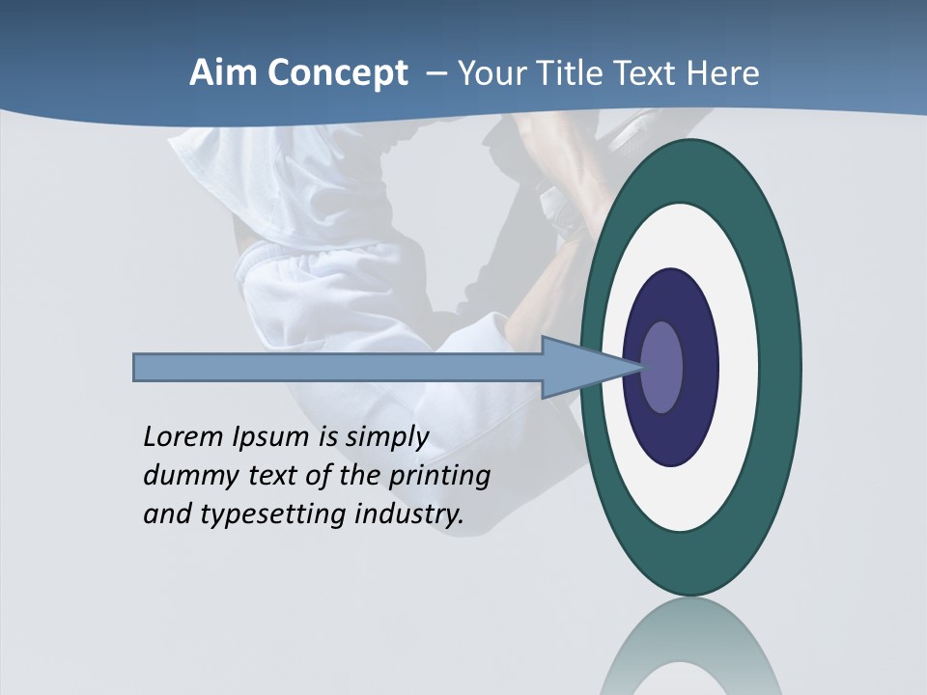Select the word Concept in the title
[x=338, y=73]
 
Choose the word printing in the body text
[x=438, y=477]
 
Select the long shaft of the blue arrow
[x=338, y=368]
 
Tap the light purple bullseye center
[x=661, y=368]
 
